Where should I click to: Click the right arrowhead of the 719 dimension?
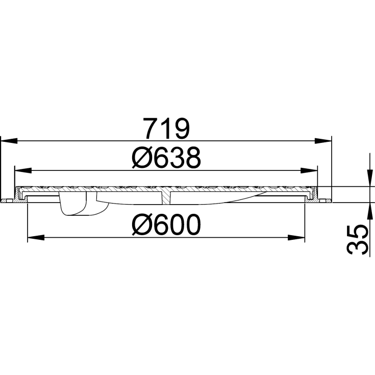click(324, 139)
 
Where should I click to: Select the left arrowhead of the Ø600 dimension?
click(34, 237)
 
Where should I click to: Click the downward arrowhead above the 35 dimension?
click(368, 181)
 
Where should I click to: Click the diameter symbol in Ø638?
click(141, 159)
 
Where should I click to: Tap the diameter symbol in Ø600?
click(141, 225)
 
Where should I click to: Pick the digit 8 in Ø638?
click(190, 159)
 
